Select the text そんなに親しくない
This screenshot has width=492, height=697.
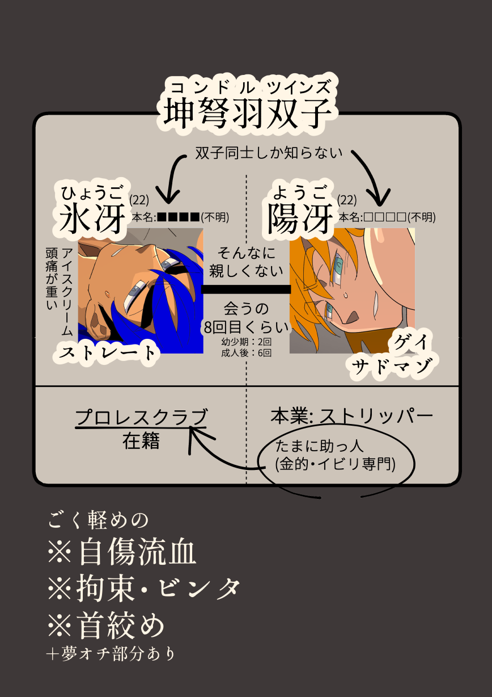pos(246,262)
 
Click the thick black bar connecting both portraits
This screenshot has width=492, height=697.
pos(246,289)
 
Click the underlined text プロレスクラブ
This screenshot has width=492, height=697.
pos(141,417)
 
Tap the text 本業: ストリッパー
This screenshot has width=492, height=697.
pos(351,417)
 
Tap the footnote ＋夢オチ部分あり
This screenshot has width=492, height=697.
pos(111,654)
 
